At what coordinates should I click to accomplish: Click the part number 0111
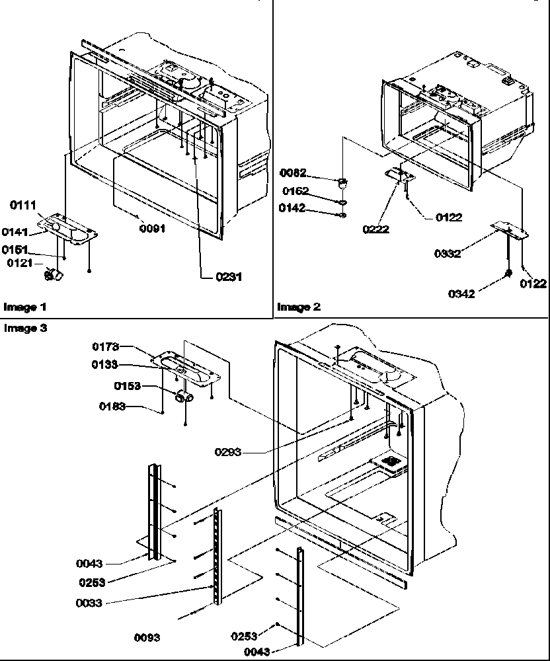pos(22,206)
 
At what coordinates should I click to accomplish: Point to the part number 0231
pos(229,277)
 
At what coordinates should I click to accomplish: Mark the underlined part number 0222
pos(375,229)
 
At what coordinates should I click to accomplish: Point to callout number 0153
pos(127,385)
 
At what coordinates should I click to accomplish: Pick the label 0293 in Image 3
pos(229,452)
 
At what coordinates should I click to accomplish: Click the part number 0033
pos(88,602)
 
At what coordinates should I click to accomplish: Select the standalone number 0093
pos(147,638)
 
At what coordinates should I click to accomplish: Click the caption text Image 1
pos(25,307)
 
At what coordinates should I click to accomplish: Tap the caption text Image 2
pos(299,307)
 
